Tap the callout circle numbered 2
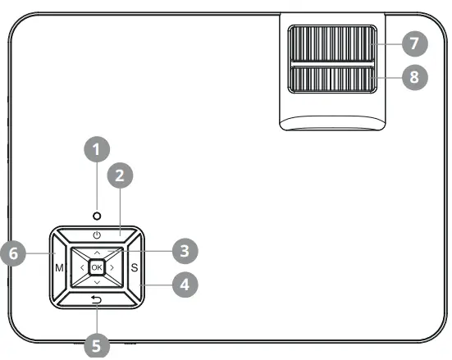(x=120, y=175)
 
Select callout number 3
(x=185, y=249)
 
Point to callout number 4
(x=185, y=285)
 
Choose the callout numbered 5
(x=98, y=346)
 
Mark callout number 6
(x=13, y=254)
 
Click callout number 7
(x=416, y=42)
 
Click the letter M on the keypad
(x=60, y=268)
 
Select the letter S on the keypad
(x=135, y=268)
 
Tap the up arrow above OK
(x=98, y=253)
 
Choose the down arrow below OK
(x=98, y=283)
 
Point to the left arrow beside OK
(x=82, y=267)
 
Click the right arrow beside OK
(x=112, y=267)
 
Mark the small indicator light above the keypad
(x=98, y=216)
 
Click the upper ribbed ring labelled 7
(x=332, y=42)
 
